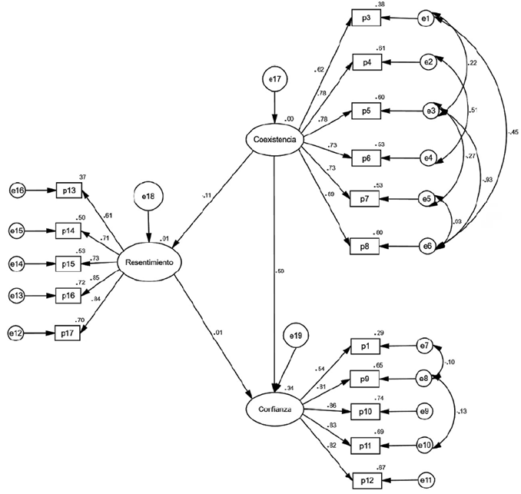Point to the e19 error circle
click(x=295, y=336)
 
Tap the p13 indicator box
click(x=69, y=189)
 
